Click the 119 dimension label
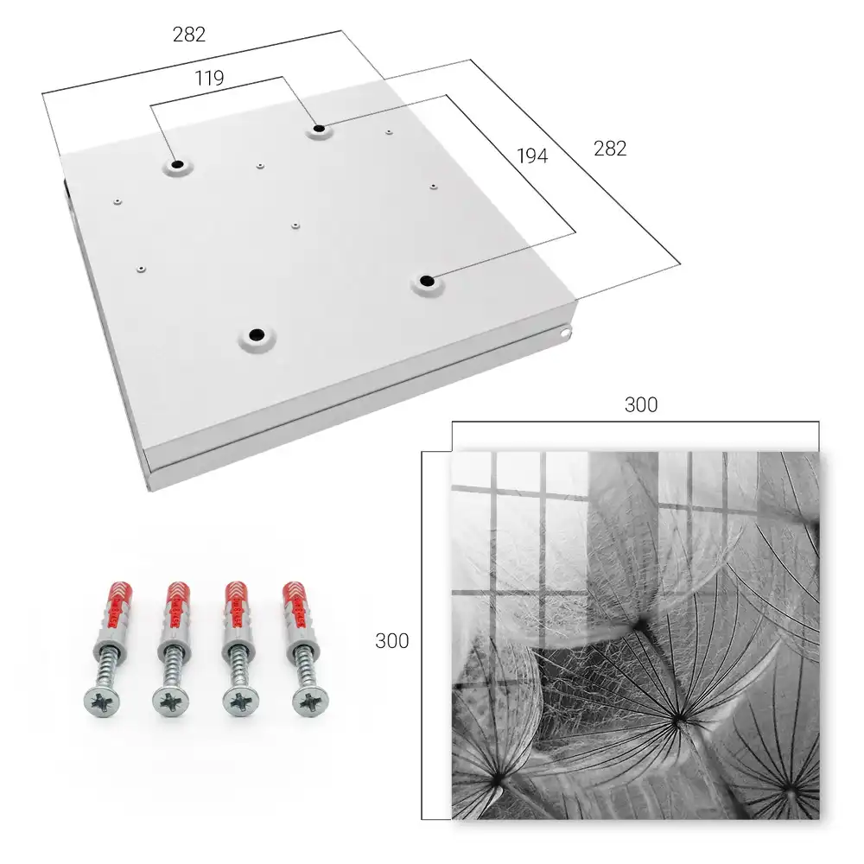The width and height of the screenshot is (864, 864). pos(209,79)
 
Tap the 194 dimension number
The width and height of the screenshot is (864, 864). pos(532,156)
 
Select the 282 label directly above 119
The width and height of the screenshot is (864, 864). pos(189,35)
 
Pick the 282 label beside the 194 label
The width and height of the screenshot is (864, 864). pos(610,149)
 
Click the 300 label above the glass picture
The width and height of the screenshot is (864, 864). pos(641,405)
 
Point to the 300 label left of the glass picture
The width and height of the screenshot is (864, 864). pos(391,641)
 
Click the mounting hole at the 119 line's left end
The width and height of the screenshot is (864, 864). pos(177,164)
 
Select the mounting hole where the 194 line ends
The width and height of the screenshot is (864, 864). pos(426,281)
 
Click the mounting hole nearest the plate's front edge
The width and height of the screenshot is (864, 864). pos(257,334)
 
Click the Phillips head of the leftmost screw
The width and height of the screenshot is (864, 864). pos(102,702)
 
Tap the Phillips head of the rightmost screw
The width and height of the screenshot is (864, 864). pos(310,702)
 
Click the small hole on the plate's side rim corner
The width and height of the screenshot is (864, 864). pos(565,333)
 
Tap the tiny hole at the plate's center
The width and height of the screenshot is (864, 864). pos(295,226)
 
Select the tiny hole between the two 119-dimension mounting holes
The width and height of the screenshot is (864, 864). pos(260,165)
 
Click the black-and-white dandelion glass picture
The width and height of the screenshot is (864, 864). pos(635,635)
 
